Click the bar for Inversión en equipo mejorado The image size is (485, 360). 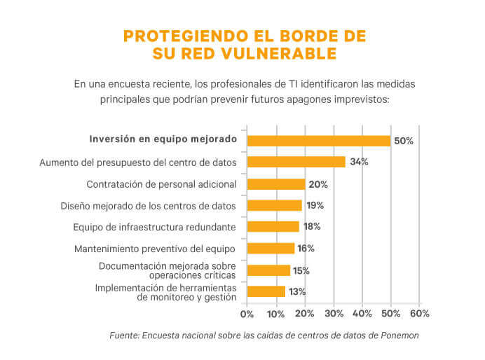point(318,140)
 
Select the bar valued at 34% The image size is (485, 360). point(296,162)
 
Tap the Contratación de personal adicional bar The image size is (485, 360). point(275,184)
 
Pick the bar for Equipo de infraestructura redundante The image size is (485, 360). point(273,227)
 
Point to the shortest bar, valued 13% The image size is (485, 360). point(266,291)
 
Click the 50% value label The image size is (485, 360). point(404,141)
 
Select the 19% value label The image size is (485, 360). point(315,206)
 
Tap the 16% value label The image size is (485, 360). point(306,249)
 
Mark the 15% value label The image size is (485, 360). point(301,270)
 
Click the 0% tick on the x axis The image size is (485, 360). point(247,313)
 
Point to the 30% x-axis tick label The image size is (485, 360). point(334,313)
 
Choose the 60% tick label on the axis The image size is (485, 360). point(419,313)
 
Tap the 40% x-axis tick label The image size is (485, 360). point(362,313)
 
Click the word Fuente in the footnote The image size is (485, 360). point(124,335)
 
